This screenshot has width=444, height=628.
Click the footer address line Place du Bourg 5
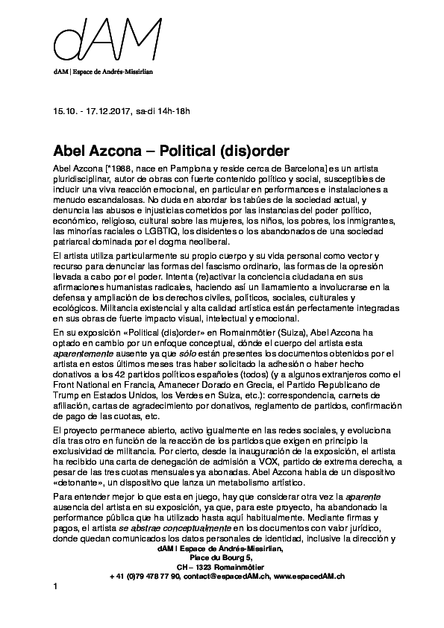pyautogui.click(x=222, y=555)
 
